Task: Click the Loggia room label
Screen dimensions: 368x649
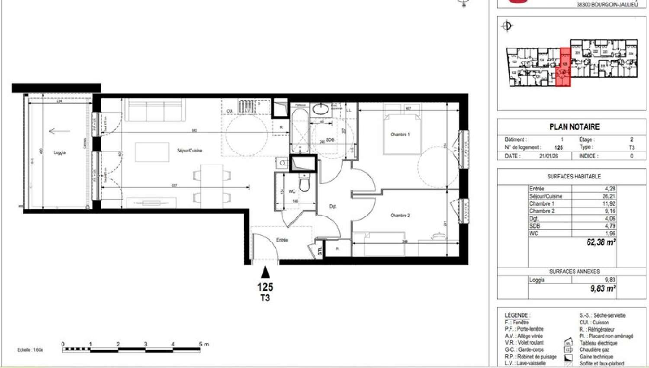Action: [59, 153]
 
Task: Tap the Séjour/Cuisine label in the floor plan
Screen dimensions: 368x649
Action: [190, 150]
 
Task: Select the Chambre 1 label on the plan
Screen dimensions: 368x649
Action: [400, 134]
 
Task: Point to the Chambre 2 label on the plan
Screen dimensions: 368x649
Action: [400, 215]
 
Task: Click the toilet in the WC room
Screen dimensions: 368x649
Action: [305, 184]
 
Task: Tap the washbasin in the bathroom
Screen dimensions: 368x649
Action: [321, 109]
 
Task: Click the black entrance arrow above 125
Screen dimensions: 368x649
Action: [265, 272]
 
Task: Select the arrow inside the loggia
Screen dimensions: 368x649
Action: [59, 131]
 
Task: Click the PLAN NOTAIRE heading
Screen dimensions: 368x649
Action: [574, 127]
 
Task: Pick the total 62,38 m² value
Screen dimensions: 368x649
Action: [601, 242]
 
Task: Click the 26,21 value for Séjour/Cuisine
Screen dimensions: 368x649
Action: [608, 196]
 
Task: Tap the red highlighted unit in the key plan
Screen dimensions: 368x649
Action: [565, 67]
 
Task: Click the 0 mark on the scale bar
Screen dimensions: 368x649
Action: [63, 344]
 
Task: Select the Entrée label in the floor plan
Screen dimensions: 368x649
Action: [282, 240]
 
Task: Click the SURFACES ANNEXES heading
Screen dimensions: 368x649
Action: [574, 272]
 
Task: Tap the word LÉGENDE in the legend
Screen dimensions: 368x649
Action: [517, 315]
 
